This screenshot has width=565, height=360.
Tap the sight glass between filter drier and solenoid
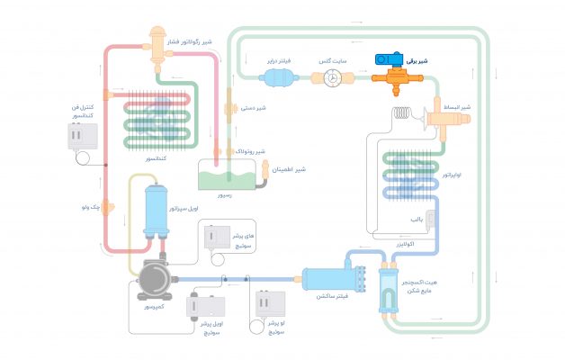tap(332, 78)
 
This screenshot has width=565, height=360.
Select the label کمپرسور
tap(151, 307)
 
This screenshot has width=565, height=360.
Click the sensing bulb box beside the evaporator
tap(430, 220)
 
